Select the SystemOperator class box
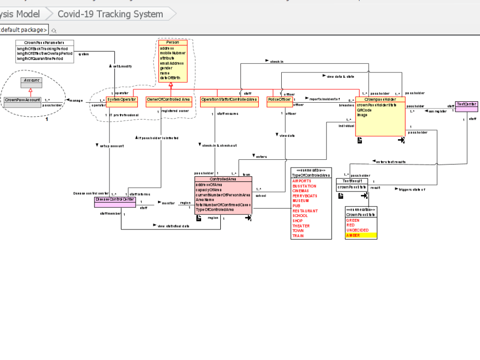121,99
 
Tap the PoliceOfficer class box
280,99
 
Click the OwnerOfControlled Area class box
169,99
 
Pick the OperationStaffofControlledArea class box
229,99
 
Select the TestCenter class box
466,104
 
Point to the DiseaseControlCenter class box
115,199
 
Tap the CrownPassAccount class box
23,99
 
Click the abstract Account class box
31,81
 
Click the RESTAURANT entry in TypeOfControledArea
305,211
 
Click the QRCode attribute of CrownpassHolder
364,110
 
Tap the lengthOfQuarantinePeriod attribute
40,59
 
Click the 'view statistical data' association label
173,225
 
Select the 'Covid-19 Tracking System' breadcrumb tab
110,14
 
